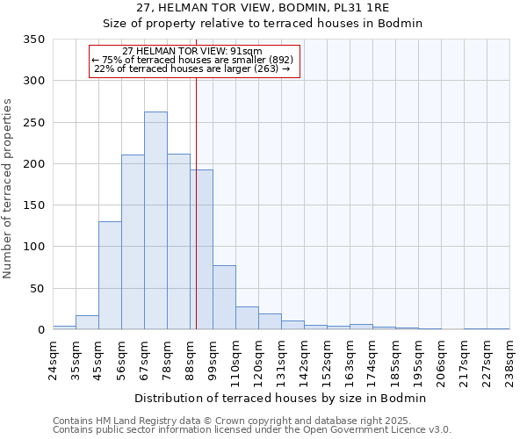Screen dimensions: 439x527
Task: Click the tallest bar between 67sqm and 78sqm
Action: click(x=155, y=220)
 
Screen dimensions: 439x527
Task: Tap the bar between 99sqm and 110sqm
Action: click(x=224, y=297)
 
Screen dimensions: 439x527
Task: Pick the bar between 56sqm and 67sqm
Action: click(x=133, y=241)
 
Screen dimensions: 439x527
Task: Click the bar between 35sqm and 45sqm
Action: click(x=87, y=322)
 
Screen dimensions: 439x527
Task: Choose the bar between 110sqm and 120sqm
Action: click(x=247, y=318)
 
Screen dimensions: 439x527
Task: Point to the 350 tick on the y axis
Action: click(x=33, y=40)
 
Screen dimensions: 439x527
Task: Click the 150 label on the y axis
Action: click(x=33, y=205)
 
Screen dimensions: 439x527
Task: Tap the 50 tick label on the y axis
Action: click(x=37, y=289)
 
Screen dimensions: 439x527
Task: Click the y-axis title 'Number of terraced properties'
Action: click(x=9, y=189)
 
